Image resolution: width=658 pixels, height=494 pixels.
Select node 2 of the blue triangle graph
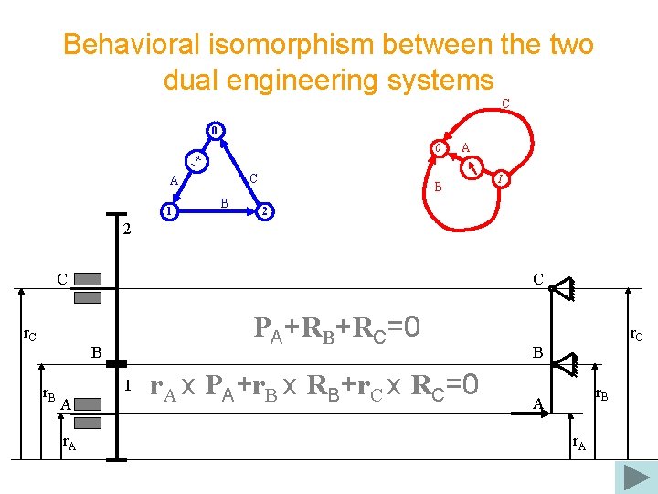[x=263, y=212]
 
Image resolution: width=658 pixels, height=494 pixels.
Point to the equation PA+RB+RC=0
[x=336, y=327]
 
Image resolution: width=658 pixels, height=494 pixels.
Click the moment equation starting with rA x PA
[x=313, y=385]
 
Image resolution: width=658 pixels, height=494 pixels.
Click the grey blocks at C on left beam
[x=88, y=288]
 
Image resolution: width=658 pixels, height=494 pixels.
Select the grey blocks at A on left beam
[x=88, y=413]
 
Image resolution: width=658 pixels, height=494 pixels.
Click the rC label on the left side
[x=30, y=336]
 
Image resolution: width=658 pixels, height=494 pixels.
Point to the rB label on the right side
[x=602, y=395]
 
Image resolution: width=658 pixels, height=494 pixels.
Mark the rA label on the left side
[x=69, y=445]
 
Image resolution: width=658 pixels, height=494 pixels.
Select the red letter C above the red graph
[x=505, y=103]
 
